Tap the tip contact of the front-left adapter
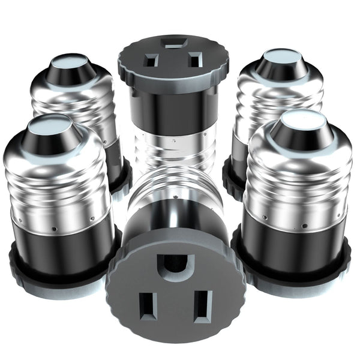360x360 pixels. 49,126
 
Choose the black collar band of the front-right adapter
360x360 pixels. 294,242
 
